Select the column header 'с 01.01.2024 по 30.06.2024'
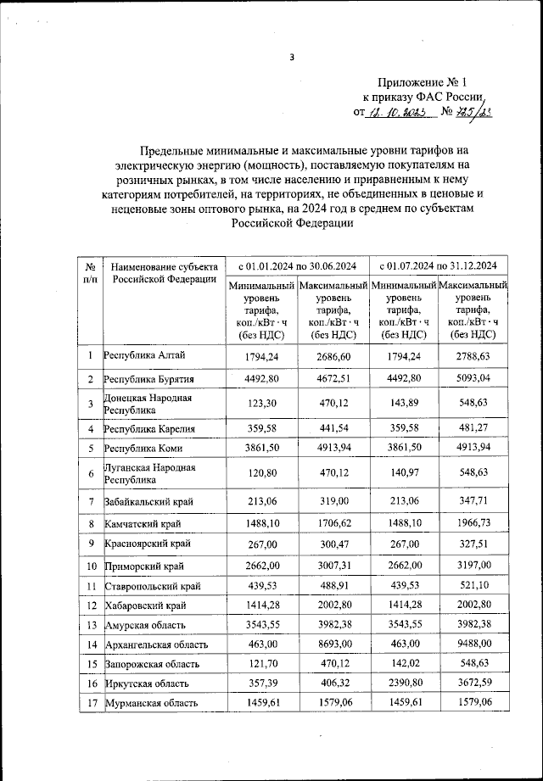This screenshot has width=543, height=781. coord(297,264)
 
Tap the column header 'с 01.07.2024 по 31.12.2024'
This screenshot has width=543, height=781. coord(439,264)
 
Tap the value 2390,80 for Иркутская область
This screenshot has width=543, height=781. coord(403,683)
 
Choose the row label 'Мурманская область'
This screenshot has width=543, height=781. coord(151,703)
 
